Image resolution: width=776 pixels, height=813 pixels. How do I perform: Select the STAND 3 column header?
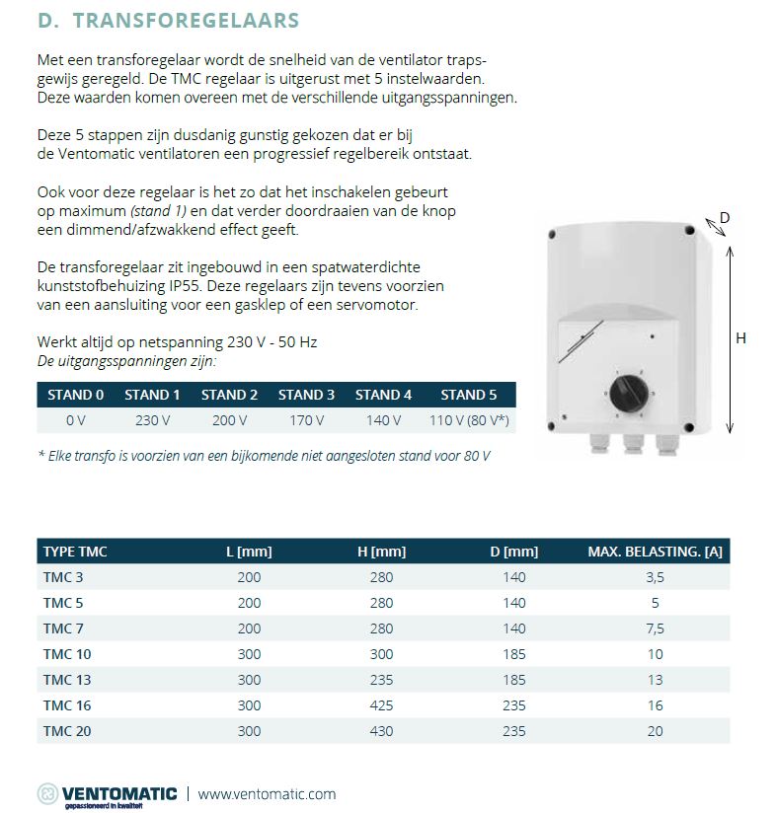(306, 395)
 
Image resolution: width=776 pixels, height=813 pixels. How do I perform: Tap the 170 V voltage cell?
(306, 420)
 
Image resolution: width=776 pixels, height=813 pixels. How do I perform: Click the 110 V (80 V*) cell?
(462, 420)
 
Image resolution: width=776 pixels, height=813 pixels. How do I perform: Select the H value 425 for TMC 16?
(381, 705)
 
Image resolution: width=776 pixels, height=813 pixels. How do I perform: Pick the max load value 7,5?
(656, 628)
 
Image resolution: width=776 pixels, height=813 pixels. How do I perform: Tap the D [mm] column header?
(514, 552)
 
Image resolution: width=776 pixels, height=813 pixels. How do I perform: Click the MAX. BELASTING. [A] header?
(656, 552)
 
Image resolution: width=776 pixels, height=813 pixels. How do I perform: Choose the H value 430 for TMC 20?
(381, 731)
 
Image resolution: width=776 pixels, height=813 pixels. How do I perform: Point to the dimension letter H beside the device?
(741, 338)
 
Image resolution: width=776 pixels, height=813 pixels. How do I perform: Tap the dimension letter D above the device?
(724, 217)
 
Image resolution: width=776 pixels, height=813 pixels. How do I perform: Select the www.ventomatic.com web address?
(268, 793)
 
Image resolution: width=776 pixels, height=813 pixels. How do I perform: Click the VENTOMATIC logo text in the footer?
(118, 792)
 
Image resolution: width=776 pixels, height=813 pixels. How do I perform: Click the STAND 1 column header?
(152, 395)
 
